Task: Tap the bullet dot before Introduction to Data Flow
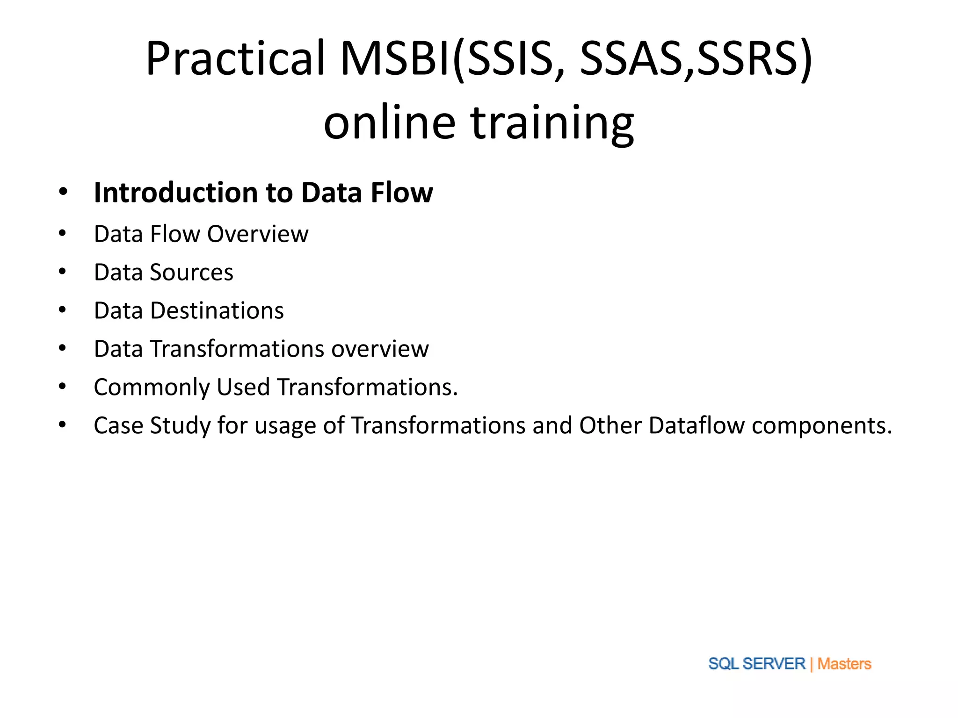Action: coord(63,192)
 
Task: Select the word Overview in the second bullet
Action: coord(258,234)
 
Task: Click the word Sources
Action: coord(191,273)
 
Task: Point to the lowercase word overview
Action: coord(380,349)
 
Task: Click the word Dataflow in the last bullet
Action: coord(697,426)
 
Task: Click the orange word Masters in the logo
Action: coord(844,664)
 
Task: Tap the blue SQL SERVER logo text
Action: coord(756,664)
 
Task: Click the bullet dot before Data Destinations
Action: coord(63,310)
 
